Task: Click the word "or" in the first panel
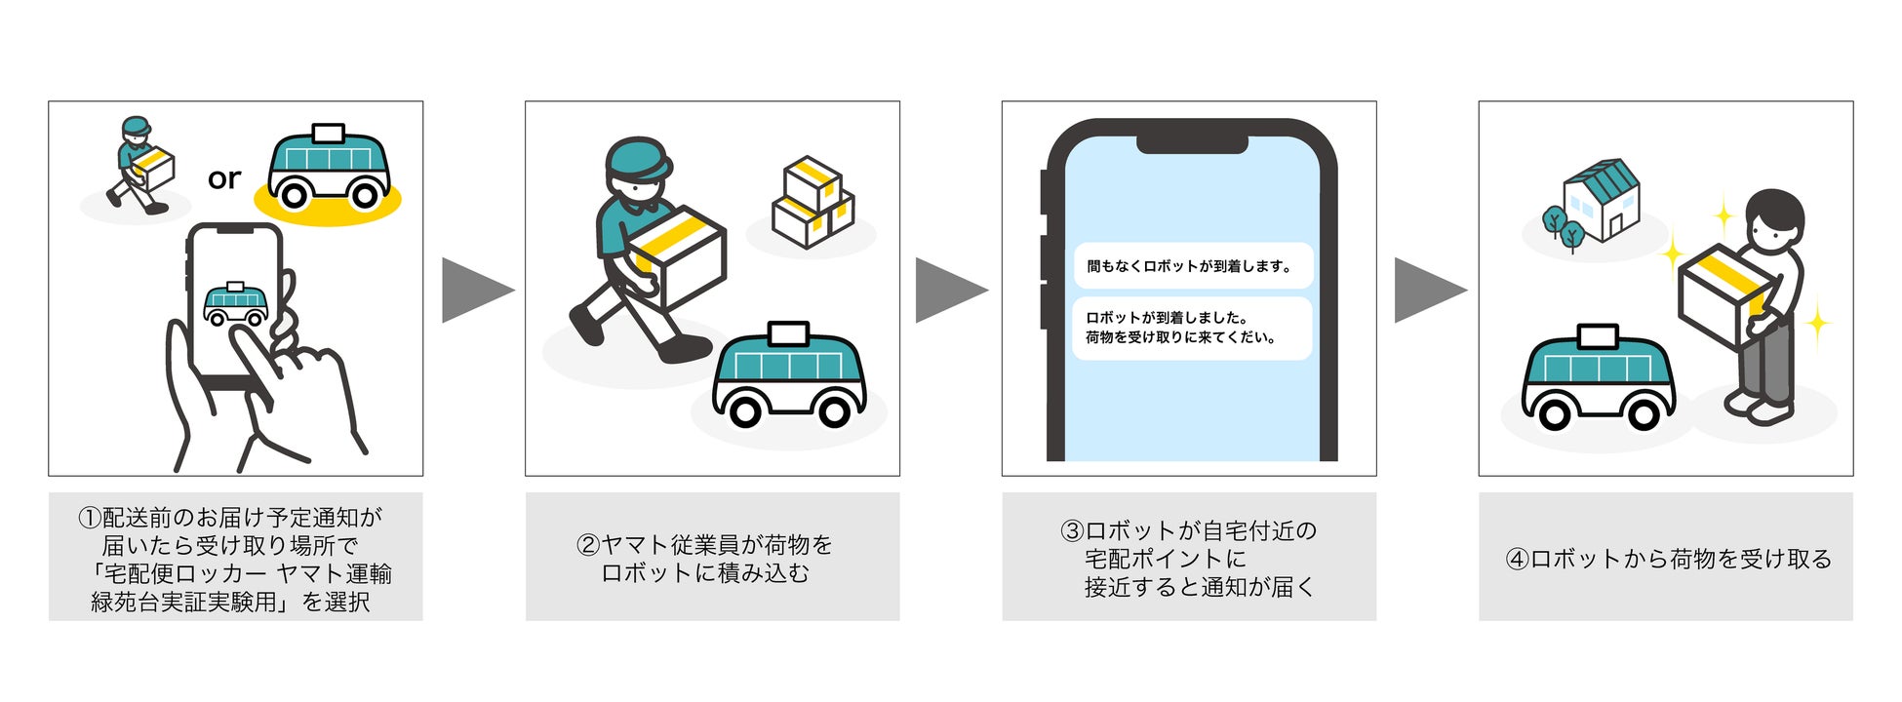coord(223,178)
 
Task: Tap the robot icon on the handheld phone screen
coord(235,304)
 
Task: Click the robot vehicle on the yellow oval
coord(329,168)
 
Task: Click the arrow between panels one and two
coord(476,290)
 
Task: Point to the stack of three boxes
coord(812,202)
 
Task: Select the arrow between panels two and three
coord(950,290)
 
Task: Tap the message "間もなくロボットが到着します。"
coord(1192,266)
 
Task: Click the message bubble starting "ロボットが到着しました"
coord(1192,328)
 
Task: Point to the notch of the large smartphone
coord(1192,144)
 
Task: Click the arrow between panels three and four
coord(1429,290)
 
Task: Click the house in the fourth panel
coord(1601,200)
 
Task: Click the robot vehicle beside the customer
coord(1598,379)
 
